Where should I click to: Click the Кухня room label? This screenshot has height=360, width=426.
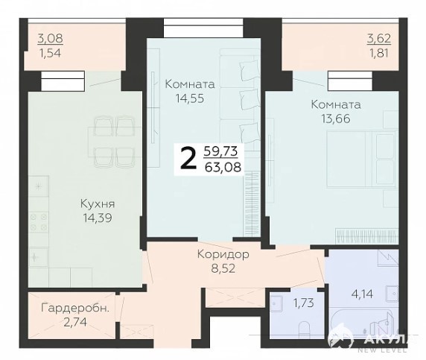point(98,203)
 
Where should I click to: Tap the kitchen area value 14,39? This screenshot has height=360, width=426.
point(98,218)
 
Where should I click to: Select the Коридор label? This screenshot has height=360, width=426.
point(223,254)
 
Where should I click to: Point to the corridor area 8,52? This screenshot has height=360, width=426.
point(223,268)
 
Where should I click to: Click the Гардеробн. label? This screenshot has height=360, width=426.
point(75,309)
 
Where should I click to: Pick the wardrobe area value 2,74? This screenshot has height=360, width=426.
point(75,322)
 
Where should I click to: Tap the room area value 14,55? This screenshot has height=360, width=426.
point(190,98)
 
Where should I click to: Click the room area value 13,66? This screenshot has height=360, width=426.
point(336,119)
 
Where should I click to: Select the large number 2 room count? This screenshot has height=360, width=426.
point(188,159)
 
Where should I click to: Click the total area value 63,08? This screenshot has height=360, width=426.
point(223,167)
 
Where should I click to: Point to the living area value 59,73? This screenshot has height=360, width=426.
point(220,151)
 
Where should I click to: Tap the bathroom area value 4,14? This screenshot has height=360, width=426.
point(362,294)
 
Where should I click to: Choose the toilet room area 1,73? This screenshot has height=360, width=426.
point(304,303)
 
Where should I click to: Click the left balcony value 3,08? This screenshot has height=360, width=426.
point(50,38)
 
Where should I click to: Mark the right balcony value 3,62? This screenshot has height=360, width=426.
point(379,38)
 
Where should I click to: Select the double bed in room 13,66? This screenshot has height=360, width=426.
point(361,159)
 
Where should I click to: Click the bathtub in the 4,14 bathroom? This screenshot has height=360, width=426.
point(361,323)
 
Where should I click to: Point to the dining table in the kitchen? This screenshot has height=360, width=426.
point(115,142)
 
